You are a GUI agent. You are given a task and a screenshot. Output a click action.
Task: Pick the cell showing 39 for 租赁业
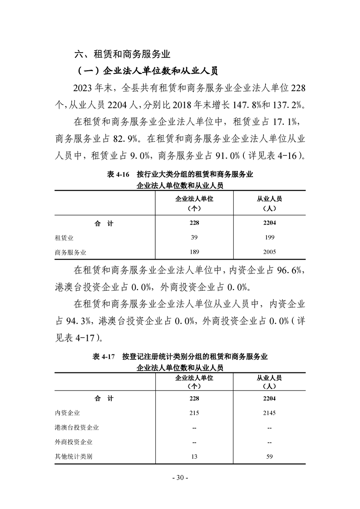(x=194, y=237)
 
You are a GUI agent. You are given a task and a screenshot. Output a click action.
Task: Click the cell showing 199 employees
(x=269, y=237)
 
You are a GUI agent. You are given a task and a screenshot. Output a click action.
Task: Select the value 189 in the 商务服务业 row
(x=194, y=252)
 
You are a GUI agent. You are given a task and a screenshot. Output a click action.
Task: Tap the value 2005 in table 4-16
(x=269, y=252)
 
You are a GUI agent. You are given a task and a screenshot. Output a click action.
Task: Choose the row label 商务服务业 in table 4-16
(x=70, y=252)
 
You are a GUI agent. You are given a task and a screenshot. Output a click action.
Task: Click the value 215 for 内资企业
(x=194, y=413)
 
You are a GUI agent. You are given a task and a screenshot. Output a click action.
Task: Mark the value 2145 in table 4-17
(x=269, y=413)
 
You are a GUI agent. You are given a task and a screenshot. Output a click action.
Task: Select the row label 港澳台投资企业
(x=77, y=427)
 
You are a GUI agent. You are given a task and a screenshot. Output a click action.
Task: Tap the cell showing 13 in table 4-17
(x=194, y=456)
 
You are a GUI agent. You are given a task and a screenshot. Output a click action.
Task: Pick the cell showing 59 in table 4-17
(x=269, y=456)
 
